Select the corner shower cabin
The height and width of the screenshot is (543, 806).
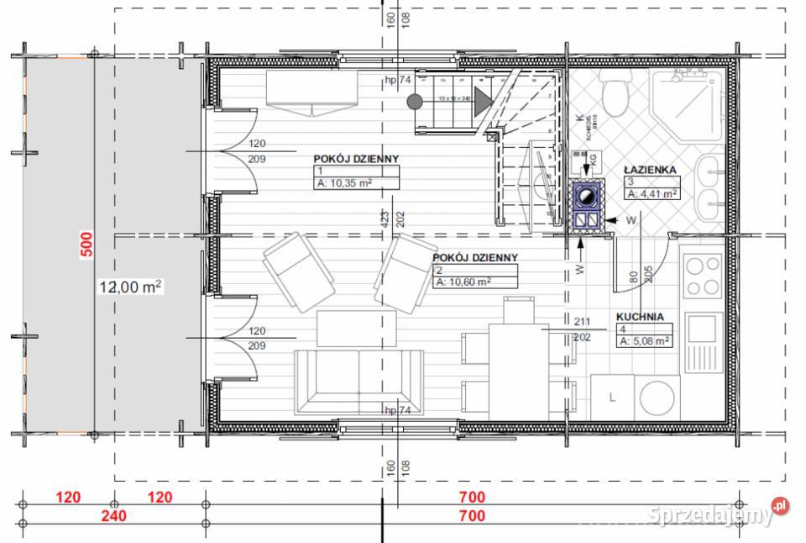pos(688,101)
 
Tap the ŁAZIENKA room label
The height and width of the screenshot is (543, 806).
pos(650,169)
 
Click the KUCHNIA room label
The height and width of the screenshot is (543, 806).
pos(640,317)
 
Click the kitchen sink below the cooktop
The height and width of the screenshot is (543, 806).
pos(704,343)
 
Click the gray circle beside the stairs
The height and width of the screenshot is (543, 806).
pos(414,102)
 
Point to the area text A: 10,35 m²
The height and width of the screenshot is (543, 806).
pos(343,182)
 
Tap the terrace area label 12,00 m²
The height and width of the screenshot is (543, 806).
pos(131,286)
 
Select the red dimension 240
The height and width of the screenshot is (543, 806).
pos(115,514)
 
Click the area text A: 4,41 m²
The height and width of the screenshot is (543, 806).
pos(653,193)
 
